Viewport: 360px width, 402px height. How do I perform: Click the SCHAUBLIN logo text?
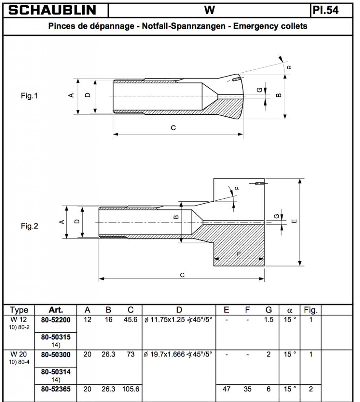[53, 10]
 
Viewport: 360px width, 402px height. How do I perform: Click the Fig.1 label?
[29, 95]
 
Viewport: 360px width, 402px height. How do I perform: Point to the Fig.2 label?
[29, 226]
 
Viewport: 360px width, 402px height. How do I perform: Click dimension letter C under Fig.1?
[173, 128]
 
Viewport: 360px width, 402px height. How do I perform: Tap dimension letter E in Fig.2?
[295, 222]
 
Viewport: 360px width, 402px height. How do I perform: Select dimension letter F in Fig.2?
[239, 254]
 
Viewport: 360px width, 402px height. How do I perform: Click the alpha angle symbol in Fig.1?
[289, 67]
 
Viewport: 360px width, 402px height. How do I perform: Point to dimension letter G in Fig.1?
[259, 90]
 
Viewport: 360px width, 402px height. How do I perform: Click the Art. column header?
[56, 310]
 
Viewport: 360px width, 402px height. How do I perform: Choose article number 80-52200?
[56, 320]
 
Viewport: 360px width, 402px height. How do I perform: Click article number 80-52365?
[56, 389]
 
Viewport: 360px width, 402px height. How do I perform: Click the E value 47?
[226, 389]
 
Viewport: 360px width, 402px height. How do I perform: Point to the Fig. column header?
[310, 310]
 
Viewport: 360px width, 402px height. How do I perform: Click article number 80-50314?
[56, 371]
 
